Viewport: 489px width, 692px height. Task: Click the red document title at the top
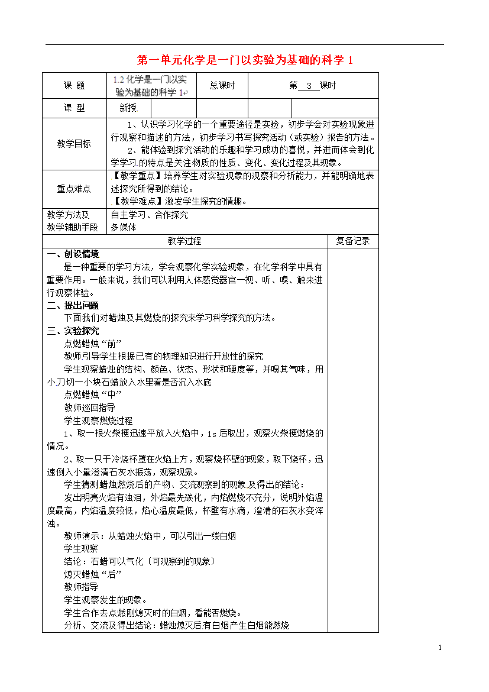click(244, 60)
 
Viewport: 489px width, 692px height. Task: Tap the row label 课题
click(74, 86)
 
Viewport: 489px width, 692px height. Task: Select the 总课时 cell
click(222, 86)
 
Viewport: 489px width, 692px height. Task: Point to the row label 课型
click(74, 108)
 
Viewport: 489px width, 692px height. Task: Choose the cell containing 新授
click(128, 108)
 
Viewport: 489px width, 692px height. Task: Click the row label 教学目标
click(74, 144)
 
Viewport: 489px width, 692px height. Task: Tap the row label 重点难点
click(74, 189)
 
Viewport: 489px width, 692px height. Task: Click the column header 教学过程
click(184, 241)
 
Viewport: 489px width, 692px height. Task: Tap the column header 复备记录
click(353, 241)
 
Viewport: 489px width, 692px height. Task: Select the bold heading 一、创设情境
click(73, 254)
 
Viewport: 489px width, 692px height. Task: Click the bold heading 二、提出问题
click(73, 305)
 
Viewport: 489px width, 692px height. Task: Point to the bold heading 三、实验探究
click(73, 331)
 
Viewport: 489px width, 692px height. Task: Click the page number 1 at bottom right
click(441, 648)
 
